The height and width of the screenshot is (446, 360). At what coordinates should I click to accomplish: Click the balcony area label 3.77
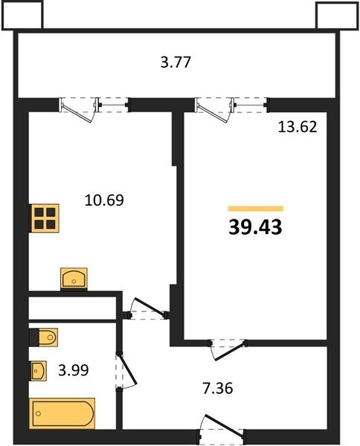click(x=176, y=62)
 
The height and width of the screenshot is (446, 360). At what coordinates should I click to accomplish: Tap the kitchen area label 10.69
click(x=104, y=200)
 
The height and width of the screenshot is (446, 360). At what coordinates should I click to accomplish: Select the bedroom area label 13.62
click(x=298, y=127)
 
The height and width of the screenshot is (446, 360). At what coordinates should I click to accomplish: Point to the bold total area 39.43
click(x=255, y=227)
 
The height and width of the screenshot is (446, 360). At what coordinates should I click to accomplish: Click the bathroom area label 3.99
click(x=74, y=370)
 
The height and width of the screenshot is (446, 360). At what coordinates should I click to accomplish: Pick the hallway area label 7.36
click(x=218, y=388)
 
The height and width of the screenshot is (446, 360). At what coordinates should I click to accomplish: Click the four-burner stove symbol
click(x=45, y=218)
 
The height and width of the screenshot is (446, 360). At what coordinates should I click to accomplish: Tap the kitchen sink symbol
click(x=74, y=279)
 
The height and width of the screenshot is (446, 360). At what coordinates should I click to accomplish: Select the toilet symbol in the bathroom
click(x=44, y=337)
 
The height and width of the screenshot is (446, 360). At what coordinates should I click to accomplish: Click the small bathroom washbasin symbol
click(x=38, y=370)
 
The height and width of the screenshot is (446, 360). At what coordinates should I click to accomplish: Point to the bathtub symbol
click(x=62, y=413)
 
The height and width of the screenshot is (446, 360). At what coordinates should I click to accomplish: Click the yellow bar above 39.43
click(x=256, y=209)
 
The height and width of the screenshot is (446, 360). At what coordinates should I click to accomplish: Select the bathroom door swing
click(x=126, y=370)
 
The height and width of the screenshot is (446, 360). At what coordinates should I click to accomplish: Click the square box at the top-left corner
click(x=22, y=15)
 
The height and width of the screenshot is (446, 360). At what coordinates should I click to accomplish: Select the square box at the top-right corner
click(x=337, y=16)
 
